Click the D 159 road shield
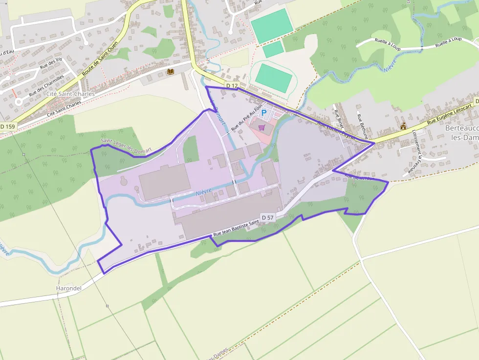click(8, 127)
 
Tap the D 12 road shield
click(232, 86)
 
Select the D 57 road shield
click(267, 217)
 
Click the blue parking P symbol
click(264, 113)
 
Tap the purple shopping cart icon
click(262, 127)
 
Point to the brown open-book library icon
click(171, 72)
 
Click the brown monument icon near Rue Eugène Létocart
click(403, 127)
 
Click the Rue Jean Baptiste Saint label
click(235, 227)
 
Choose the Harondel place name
click(68, 288)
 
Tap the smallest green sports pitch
click(273, 49)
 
